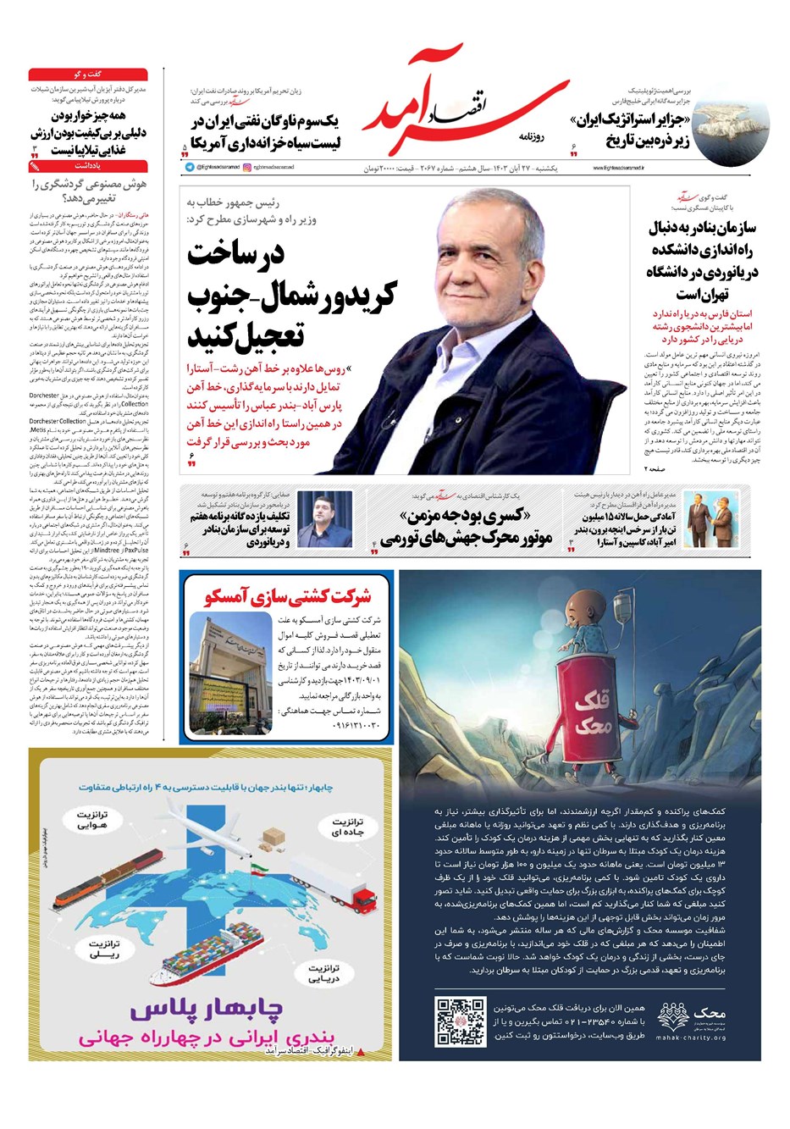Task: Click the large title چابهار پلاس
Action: pos(210,1011)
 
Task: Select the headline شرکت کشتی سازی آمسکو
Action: pos(288,596)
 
